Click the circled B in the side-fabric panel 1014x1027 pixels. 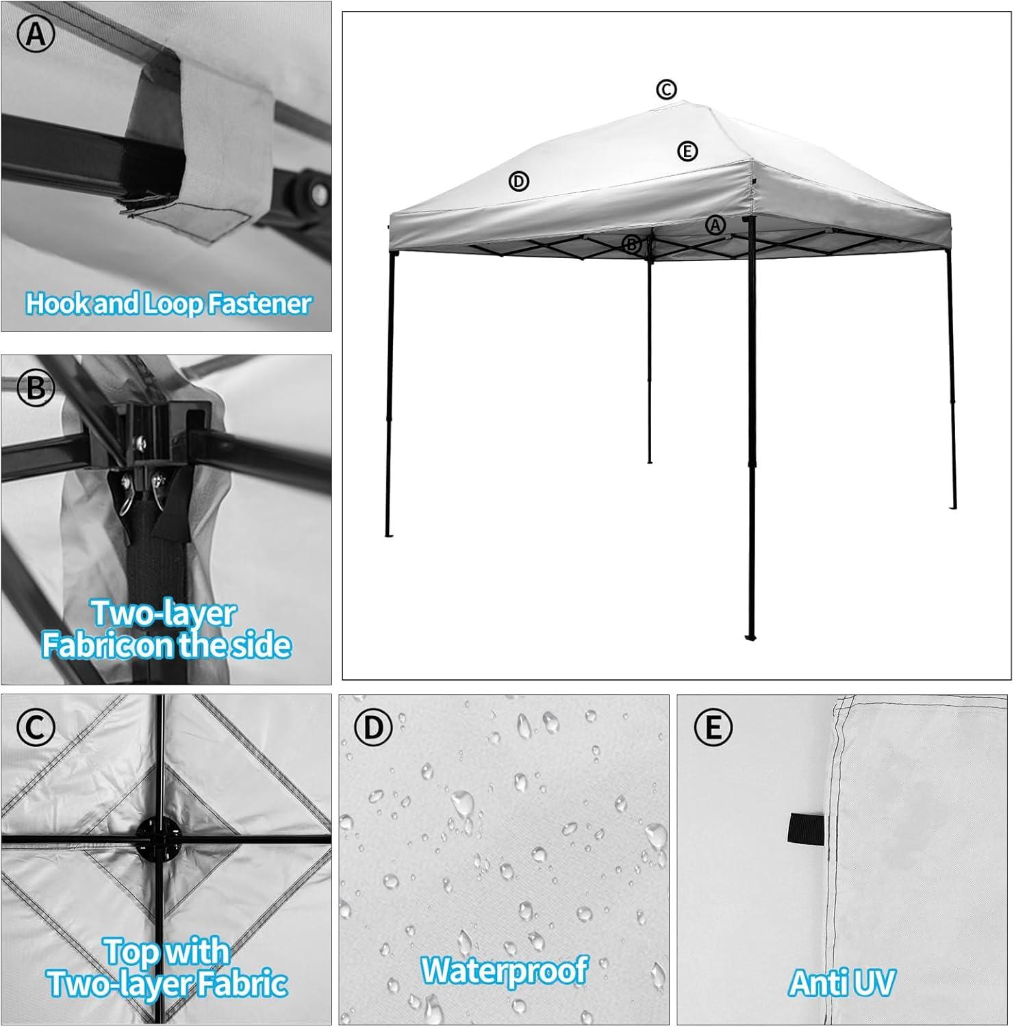point(36,388)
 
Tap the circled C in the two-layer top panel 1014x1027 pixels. point(36,728)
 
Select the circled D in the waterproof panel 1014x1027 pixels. point(373,728)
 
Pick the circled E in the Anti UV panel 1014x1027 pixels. point(713,728)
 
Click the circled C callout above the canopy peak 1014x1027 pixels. point(666,89)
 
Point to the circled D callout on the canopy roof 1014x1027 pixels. point(519,181)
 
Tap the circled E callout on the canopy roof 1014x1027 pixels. point(687,151)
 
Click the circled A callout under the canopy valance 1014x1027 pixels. point(715,225)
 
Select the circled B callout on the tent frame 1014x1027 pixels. point(631,244)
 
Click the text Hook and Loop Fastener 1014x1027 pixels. point(168,303)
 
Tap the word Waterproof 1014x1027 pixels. point(505,970)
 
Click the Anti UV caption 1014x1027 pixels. point(841,983)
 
